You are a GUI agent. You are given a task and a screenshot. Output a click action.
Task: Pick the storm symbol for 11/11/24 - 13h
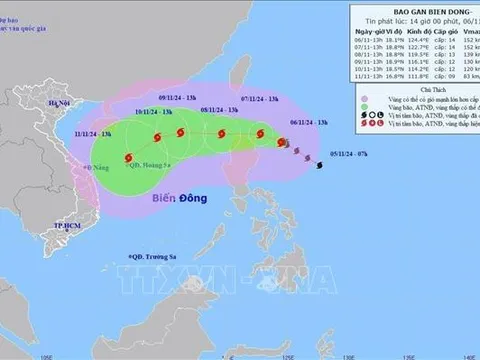point(128,157)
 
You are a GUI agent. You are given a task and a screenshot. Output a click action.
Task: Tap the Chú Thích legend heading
point(413,117)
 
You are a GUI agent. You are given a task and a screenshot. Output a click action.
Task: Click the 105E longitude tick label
point(44,352)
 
